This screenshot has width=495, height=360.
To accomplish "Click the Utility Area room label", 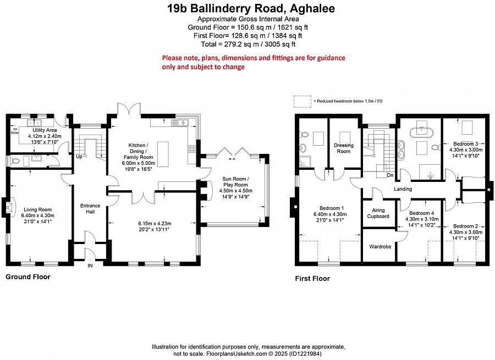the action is (x=45, y=130).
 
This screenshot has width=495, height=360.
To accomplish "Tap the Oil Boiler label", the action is (x=15, y=131).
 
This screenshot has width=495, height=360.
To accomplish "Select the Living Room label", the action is (x=37, y=209).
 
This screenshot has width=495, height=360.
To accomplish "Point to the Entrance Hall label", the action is (x=90, y=208).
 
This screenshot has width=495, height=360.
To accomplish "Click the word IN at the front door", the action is (x=90, y=265).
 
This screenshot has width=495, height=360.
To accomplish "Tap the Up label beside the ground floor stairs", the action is (x=79, y=157).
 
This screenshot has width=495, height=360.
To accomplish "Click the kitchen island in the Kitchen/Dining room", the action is (x=163, y=154).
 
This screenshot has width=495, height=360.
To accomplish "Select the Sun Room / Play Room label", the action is (x=235, y=182).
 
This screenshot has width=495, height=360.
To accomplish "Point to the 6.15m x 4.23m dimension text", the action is (x=155, y=224).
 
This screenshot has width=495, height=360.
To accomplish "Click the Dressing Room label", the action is (x=343, y=148).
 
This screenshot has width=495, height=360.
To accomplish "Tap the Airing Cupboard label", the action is (x=378, y=213).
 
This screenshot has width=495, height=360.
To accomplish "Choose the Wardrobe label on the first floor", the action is (x=380, y=247).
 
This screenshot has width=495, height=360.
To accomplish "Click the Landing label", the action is (x=403, y=189).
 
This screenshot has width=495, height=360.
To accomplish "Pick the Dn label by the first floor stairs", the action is (x=390, y=175).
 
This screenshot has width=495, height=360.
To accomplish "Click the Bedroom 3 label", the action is (x=466, y=144).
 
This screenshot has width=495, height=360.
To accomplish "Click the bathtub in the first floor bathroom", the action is (x=422, y=132).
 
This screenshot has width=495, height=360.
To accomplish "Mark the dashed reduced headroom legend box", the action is (x=302, y=102).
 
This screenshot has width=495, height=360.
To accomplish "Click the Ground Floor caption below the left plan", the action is (x=28, y=277).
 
